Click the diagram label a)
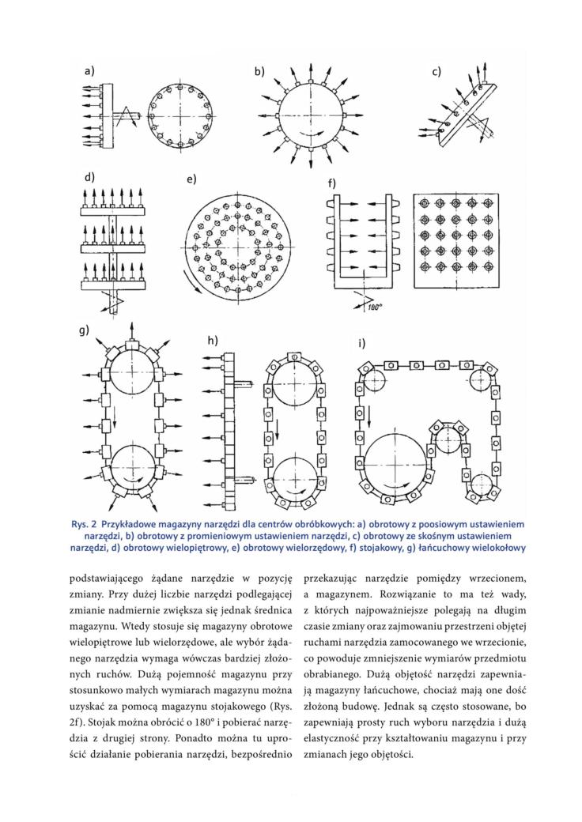[89, 71]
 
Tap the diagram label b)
[260, 71]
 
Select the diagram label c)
[436, 72]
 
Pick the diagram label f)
[331, 183]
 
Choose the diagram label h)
[213, 341]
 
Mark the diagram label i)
[361, 343]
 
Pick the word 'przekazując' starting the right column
[331, 580]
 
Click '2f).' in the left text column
[77, 723]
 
